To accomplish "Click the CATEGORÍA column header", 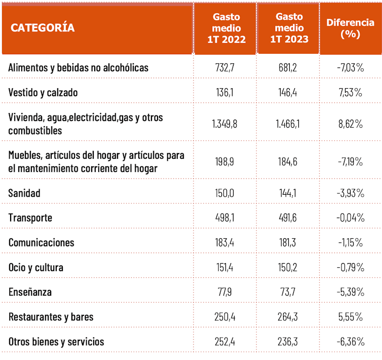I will click(43, 28).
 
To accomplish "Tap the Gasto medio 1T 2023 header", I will click(289, 28).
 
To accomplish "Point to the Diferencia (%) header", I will click(351, 28).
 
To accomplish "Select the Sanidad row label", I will click(24, 193).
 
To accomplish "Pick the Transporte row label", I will click(30, 218).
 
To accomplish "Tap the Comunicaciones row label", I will click(41, 242).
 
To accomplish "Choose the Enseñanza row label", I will click(30, 292).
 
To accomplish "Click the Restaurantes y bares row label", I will click(51, 317).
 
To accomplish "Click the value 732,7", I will click(224, 67).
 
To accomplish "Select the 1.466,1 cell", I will click(288, 124).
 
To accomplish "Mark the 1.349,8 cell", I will click(224, 124).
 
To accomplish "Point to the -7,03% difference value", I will click(350, 67).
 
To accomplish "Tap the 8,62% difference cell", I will click(350, 124).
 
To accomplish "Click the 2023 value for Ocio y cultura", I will click(288, 267).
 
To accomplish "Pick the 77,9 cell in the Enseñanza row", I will click(224, 292).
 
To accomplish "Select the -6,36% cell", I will click(350, 342).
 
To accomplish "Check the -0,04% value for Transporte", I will click(350, 218).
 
